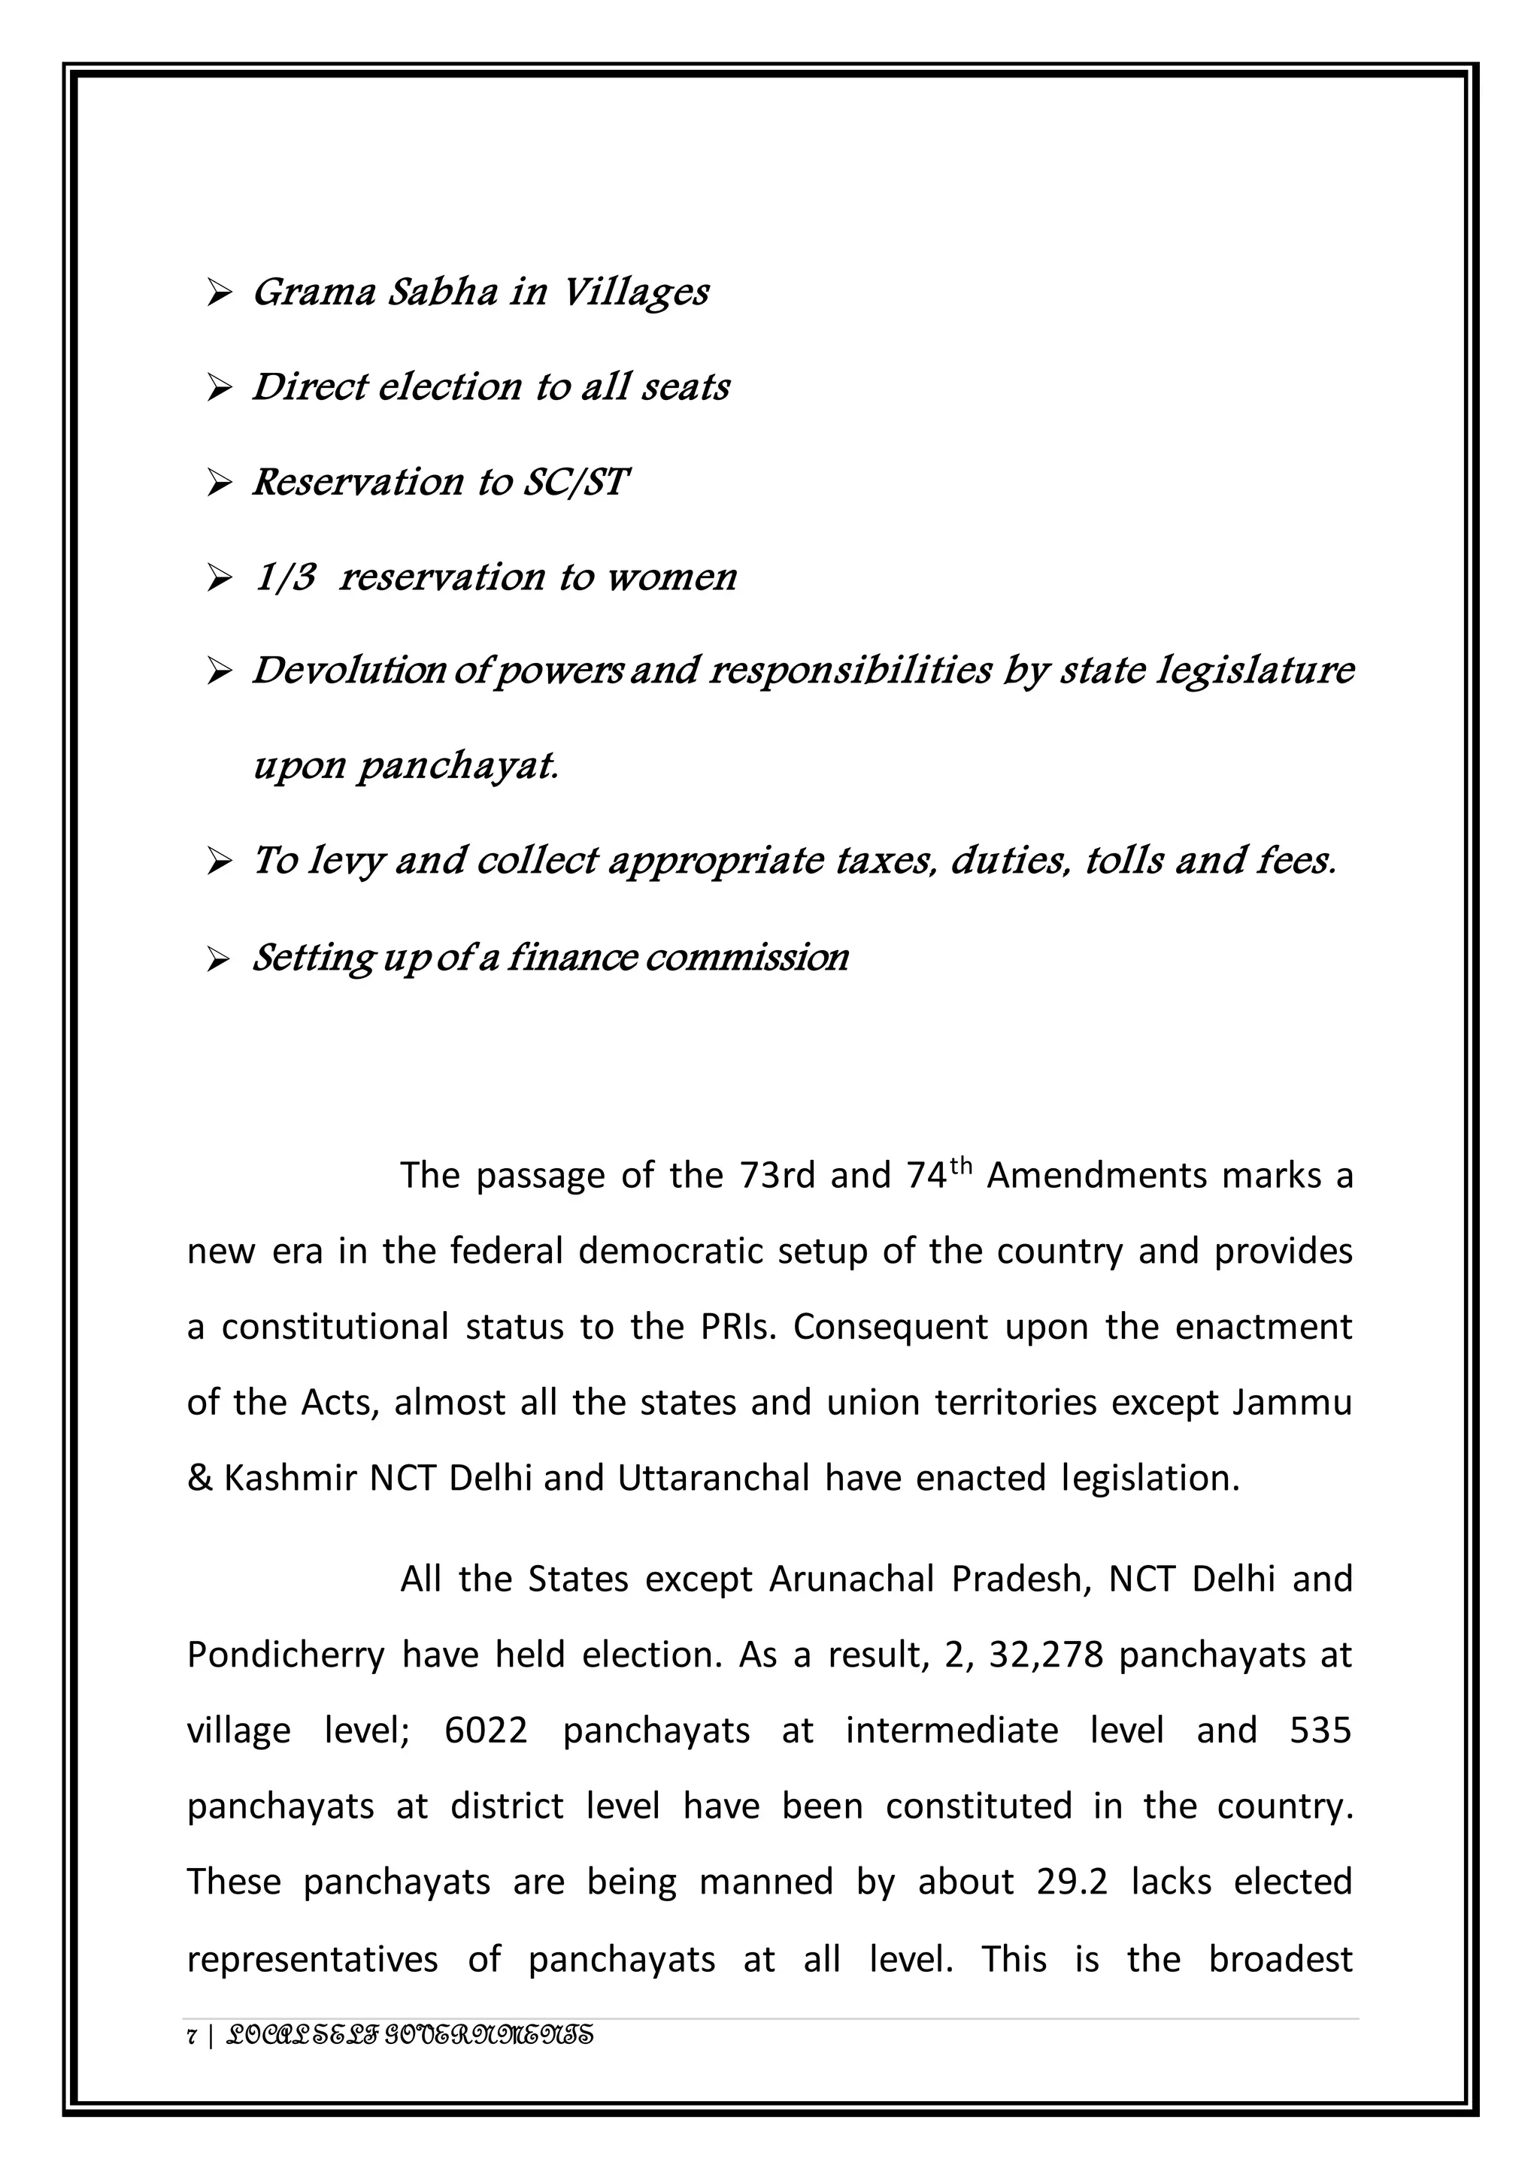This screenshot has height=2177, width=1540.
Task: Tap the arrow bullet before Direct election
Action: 219,388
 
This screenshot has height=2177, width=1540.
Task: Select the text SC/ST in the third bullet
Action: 575,482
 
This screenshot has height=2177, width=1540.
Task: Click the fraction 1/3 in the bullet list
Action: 286,577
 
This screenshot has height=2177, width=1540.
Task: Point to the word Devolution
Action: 348,671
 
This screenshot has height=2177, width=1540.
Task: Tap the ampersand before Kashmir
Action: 199,1478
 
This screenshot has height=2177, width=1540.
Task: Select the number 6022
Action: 486,1730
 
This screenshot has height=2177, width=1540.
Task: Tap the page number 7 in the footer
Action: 192,2036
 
